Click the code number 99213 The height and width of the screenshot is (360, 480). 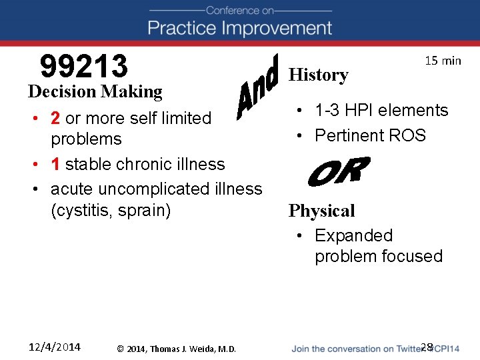(x=84, y=66)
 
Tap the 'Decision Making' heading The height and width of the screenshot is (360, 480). (x=95, y=91)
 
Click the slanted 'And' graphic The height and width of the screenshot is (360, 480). (x=257, y=85)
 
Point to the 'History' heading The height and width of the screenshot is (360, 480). (x=318, y=75)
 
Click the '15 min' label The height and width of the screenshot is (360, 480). (x=443, y=61)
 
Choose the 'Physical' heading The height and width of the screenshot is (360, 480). (x=321, y=211)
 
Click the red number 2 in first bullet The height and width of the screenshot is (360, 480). (x=56, y=118)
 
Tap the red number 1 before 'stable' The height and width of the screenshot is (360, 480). (x=56, y=164)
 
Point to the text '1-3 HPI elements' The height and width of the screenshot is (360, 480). (x=381, y=110)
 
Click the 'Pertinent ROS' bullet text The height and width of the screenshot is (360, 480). (x=370, y=135)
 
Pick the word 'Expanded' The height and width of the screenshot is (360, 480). (x=353, y=235)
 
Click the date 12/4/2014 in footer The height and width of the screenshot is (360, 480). (x=55, y=347)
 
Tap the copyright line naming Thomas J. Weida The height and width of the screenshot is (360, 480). (x=176, y=349)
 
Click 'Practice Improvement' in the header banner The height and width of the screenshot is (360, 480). (x=240, y=28)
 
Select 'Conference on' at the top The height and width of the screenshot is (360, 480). (x=240, y=10)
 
